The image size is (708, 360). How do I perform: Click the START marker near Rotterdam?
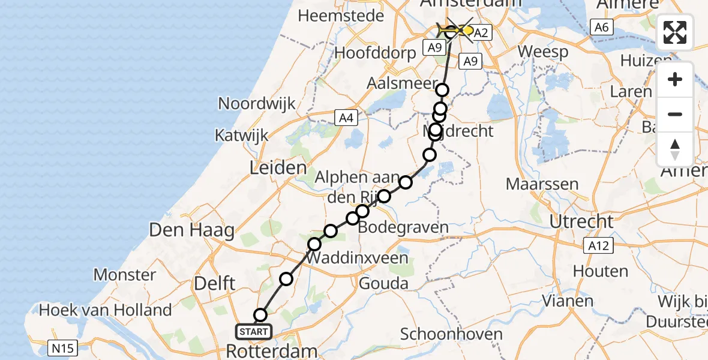point(254,331)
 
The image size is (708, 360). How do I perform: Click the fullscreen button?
point(675,32)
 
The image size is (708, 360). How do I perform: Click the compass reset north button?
point(675,149)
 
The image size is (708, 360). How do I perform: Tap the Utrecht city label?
point(581,221)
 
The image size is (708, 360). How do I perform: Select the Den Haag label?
point(191,230)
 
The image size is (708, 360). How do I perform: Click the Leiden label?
point(278,168)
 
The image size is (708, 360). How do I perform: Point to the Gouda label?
point(383,284)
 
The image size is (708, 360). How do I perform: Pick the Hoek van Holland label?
point(106,310)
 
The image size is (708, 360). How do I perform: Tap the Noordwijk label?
point(257,103)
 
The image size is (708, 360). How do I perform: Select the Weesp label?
point(543,52)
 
